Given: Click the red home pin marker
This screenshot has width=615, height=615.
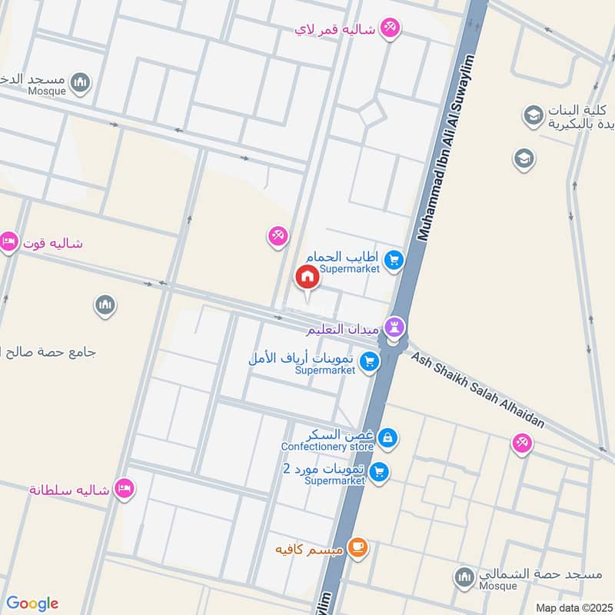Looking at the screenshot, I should click(307, 277).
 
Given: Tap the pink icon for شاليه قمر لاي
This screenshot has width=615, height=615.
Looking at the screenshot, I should click(390, 29).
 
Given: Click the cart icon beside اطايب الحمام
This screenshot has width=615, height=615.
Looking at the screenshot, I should click(394, 261).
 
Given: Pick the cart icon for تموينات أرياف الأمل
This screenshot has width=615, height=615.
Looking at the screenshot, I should click(370, 361).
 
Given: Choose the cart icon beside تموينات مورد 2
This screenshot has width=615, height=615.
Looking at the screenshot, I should click(377, 471).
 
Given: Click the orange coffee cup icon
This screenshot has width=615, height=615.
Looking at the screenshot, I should click(357, 547).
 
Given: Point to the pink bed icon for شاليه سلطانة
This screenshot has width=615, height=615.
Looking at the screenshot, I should click(123, 488).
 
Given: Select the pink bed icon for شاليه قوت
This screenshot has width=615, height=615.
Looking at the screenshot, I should click(9, 242).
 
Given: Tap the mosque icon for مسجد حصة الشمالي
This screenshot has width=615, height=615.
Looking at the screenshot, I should click(464, 576).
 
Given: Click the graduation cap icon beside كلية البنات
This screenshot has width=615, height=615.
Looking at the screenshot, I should click(532, 116).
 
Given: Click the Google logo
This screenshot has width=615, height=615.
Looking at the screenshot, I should click(32, 603).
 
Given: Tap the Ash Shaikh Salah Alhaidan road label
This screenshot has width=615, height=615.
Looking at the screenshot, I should click(477, 391).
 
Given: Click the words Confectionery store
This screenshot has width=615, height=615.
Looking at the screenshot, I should click(327, 447).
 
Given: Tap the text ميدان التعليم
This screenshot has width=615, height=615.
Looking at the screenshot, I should click(342, 329).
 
